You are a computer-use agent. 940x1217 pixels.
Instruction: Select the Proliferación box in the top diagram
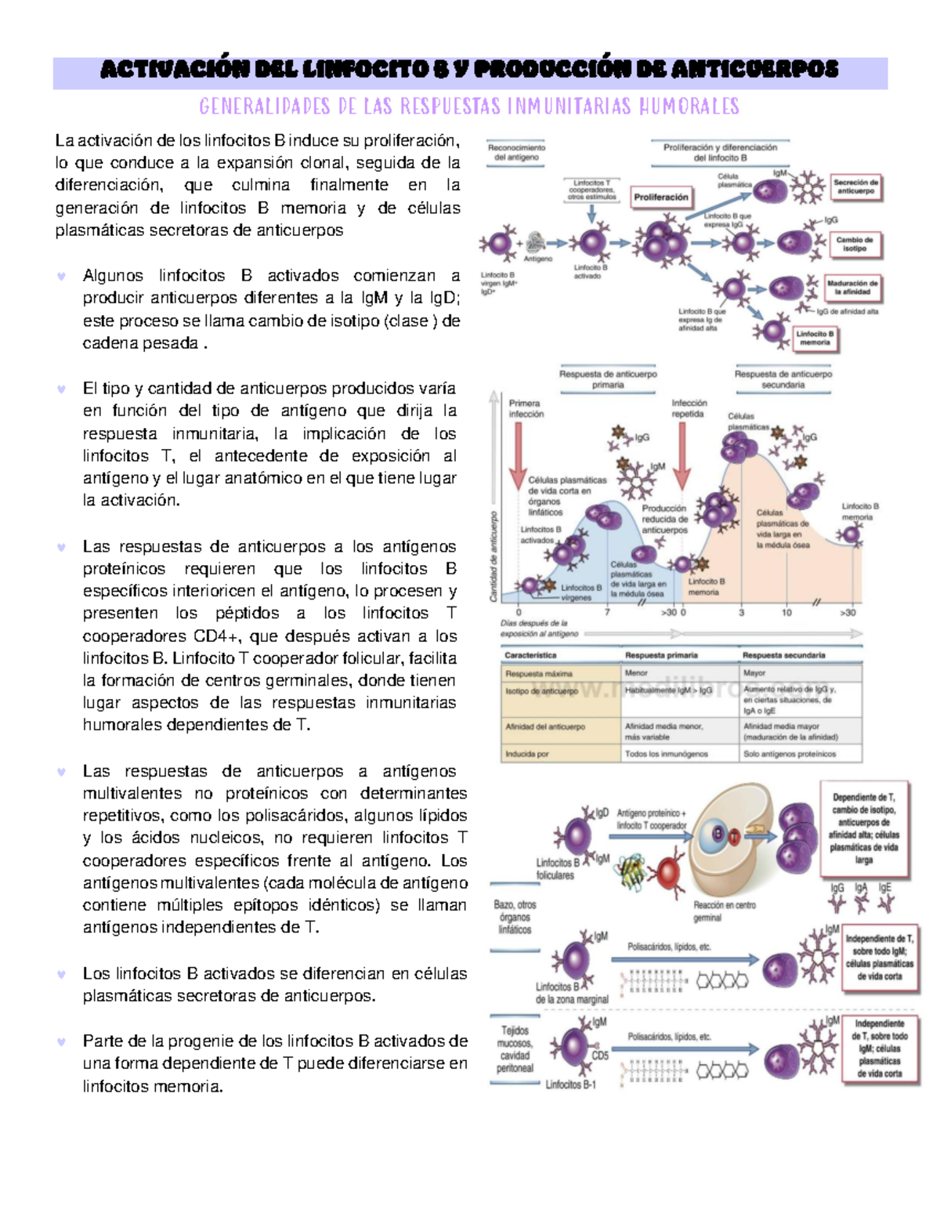(660, 197)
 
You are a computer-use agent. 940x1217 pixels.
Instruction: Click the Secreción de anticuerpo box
(855, 187)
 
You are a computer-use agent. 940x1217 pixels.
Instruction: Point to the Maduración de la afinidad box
(852, 288)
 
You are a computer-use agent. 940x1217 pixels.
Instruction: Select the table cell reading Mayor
(755, 672)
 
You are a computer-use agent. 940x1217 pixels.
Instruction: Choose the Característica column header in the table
(530, 655)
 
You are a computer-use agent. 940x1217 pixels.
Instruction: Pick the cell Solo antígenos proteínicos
(790, 754)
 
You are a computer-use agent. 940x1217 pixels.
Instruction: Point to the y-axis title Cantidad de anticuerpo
(493, 556)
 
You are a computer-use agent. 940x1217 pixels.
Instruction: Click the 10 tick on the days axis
(786, 613)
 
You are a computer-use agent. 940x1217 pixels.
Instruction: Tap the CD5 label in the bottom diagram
(600, 1056)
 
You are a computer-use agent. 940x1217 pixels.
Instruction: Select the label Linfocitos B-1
(570, 1085)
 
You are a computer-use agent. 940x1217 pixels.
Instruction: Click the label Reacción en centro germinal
(724, 911)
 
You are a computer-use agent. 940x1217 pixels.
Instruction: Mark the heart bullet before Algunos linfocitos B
(61, 276)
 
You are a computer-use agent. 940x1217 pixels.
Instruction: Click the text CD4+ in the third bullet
(215, 636)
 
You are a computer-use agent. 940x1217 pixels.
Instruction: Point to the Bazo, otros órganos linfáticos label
(515, 917)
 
